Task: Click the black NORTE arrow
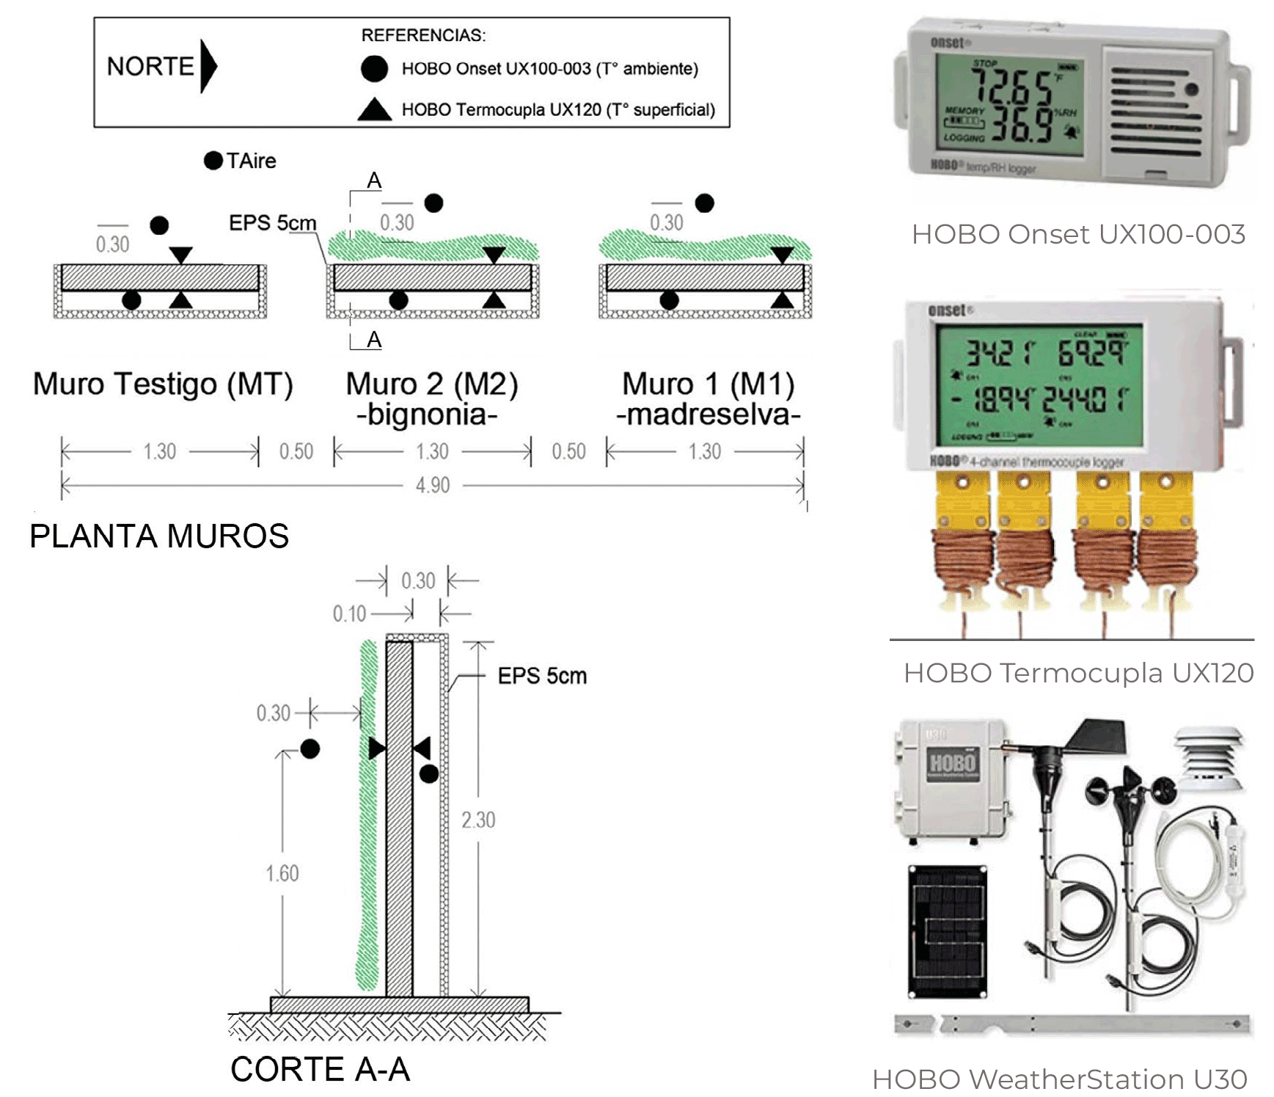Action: [209, 66]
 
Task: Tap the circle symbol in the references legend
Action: [374, 68]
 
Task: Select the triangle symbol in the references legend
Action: [374, 109]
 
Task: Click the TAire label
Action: [251, 161]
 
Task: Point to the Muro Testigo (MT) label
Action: [163, 384]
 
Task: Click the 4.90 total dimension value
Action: [433, 485]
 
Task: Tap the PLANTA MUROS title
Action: [159, 536]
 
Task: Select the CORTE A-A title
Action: [320, 1069]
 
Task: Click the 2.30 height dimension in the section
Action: [478, 820]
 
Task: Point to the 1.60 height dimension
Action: [282, 873]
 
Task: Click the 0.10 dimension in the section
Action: [349, 613]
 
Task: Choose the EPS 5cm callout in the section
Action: [542, 676]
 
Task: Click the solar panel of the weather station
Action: [946, 931]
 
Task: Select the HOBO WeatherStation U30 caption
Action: [1060, 1079]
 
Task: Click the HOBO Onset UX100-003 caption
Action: [1078, 234]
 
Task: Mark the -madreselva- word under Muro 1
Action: [708, 415]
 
